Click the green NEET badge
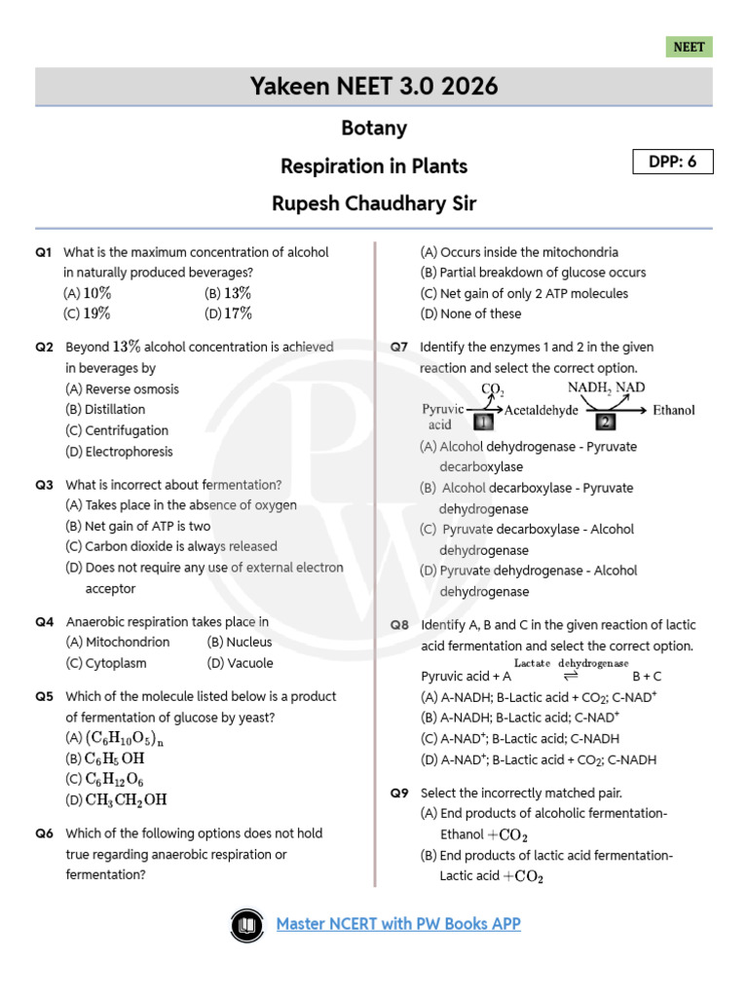690,47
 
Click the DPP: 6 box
673,162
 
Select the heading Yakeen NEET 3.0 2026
374,87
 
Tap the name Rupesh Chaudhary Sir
374,203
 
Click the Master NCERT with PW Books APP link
398,923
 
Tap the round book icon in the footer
246,924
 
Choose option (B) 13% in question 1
228,293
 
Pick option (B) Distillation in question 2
105,410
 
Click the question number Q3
44,485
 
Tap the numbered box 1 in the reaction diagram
484,422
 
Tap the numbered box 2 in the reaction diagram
606,422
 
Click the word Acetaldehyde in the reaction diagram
542,410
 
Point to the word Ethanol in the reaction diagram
674,410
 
